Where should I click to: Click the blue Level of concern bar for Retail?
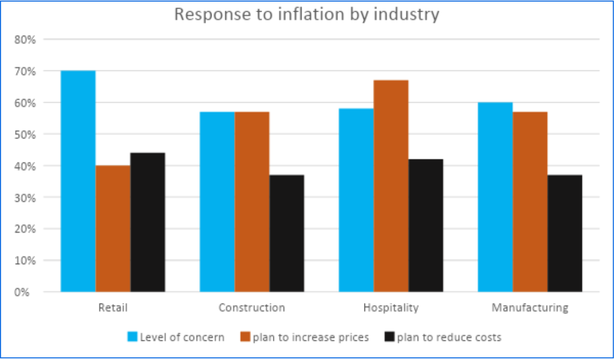click(x=78, y=181)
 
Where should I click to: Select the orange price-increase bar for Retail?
click(x=113, y=228)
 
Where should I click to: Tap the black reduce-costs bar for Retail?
click(x=148, y=222)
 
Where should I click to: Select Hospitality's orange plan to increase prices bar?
click(x=391, y=186)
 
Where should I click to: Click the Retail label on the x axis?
click(x=113, y=308)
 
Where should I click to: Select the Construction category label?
click(x=252, y=308)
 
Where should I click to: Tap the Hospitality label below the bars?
click(x=391, y=308)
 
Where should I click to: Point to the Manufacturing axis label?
click(x=530, y=308)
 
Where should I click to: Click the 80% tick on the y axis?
click(x=25, y=39)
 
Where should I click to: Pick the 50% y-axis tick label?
click(x=25, y=134)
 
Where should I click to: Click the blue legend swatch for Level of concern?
click(x=132, y=337)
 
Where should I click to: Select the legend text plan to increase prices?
click(x=311, y=337)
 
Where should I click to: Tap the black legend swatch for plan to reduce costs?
click(x=389, y=337)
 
